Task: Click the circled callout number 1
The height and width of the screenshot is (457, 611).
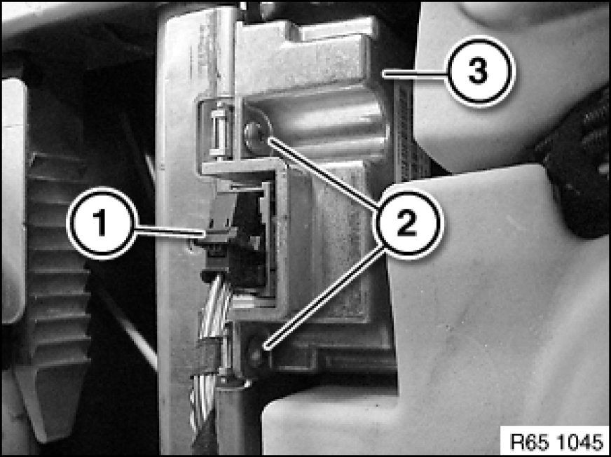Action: point(102,223)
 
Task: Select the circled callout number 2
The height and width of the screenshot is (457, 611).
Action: point(408,223)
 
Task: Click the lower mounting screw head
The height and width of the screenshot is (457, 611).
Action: point(256,354)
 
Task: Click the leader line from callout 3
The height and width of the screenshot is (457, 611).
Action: point(414,73)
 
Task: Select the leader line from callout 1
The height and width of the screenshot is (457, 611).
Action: point(170,232)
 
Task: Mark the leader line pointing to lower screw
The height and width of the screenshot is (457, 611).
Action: point(324,296)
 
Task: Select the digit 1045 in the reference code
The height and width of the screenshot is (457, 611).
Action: point(578,442)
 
